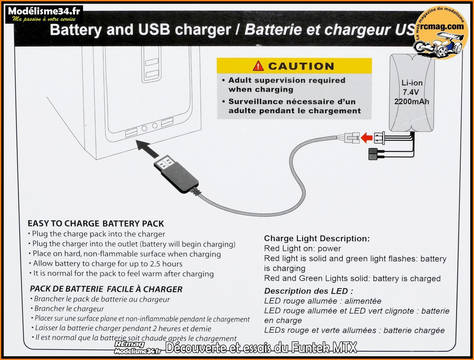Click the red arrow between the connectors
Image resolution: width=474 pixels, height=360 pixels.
[367, 137]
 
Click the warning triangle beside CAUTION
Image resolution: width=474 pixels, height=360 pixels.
[258, 66]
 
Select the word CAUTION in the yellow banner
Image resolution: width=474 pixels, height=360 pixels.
[301, 66]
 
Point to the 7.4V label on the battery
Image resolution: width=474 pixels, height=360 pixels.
[411, 92]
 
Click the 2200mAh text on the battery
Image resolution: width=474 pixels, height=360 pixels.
[411, 101]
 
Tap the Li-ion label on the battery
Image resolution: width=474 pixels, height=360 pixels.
[412, 83]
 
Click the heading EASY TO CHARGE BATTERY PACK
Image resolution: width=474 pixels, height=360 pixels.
[95, 224]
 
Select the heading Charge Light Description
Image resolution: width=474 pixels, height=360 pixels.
[317, 239]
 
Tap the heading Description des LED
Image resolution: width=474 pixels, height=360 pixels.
[309, 291]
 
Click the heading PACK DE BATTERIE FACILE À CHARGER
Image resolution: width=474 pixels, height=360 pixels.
[106, 289]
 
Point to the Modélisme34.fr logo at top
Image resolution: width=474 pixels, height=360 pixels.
[44, 14]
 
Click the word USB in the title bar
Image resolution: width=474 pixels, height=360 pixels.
[154, 30]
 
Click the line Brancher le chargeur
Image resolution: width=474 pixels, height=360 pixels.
[69, 309]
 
